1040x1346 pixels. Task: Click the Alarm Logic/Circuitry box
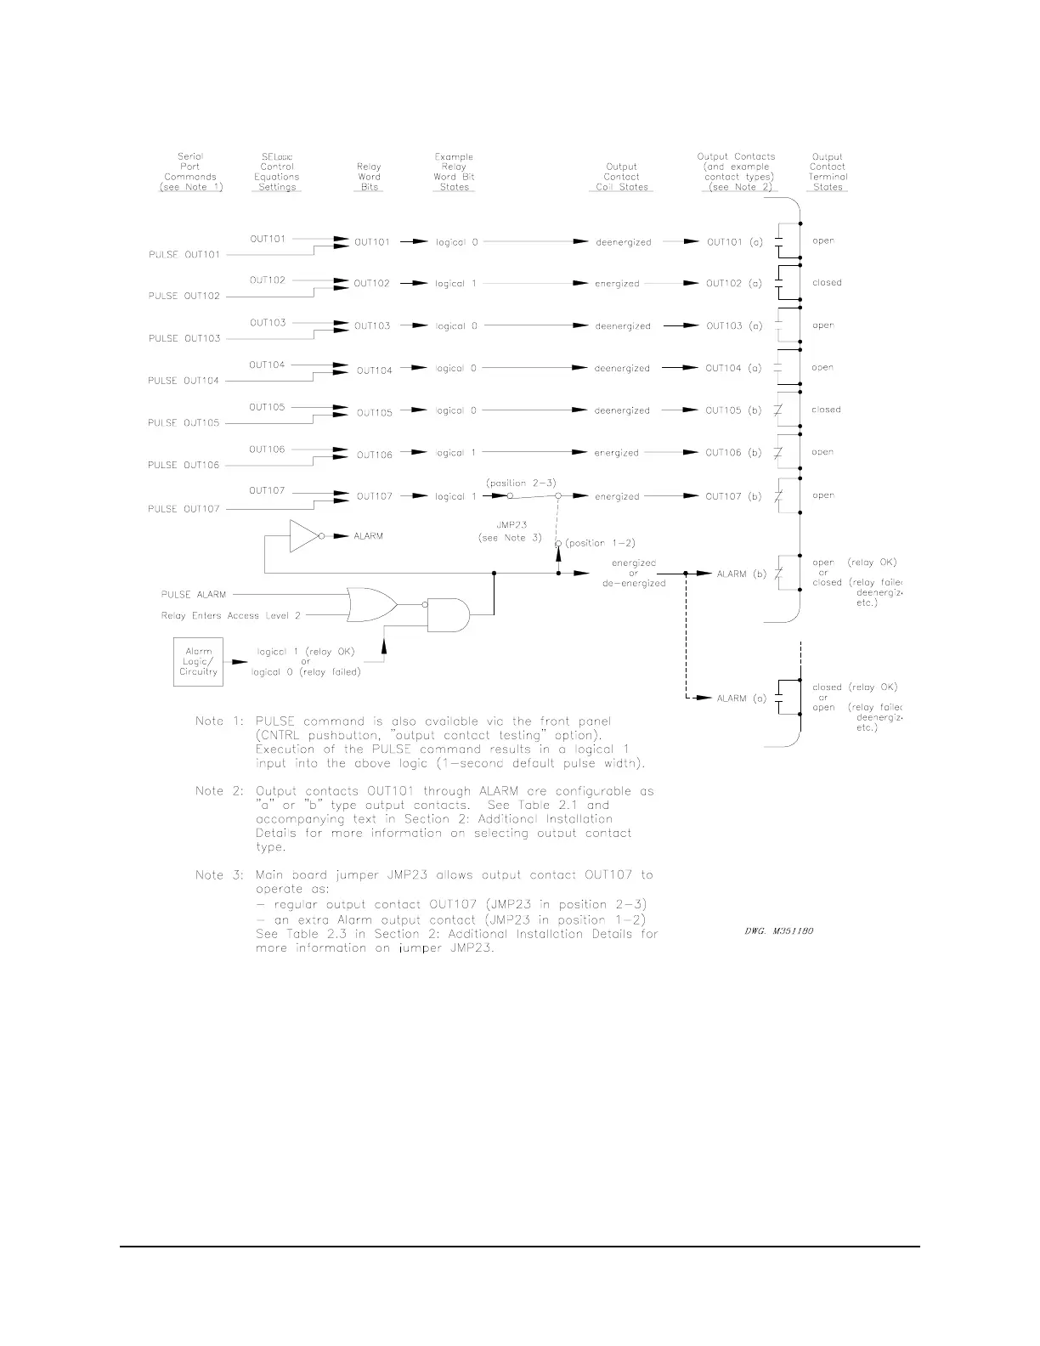[x=198, y=662]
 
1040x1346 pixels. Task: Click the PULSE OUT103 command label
[x=184, y=338]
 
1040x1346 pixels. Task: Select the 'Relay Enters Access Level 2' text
[x=231, y=615]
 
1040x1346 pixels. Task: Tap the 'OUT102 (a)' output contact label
[x=734, y=284]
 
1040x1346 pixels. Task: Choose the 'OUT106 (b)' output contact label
[x=734, y=453]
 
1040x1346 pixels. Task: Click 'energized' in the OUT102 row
[x=617, y=284]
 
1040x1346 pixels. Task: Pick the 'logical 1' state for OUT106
[x=456, y=454]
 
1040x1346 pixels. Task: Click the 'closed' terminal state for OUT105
[x=826, y=410]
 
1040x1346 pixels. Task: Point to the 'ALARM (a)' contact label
[x=742, y=698]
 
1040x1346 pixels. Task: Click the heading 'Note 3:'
[x=209, y=875]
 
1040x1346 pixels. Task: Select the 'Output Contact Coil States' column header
[x=622, y=177]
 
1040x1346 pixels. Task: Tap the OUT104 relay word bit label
[x=375, y=370]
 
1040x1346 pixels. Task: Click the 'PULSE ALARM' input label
[x=194, y=595]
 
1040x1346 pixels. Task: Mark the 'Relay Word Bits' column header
[x=370, y=177]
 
